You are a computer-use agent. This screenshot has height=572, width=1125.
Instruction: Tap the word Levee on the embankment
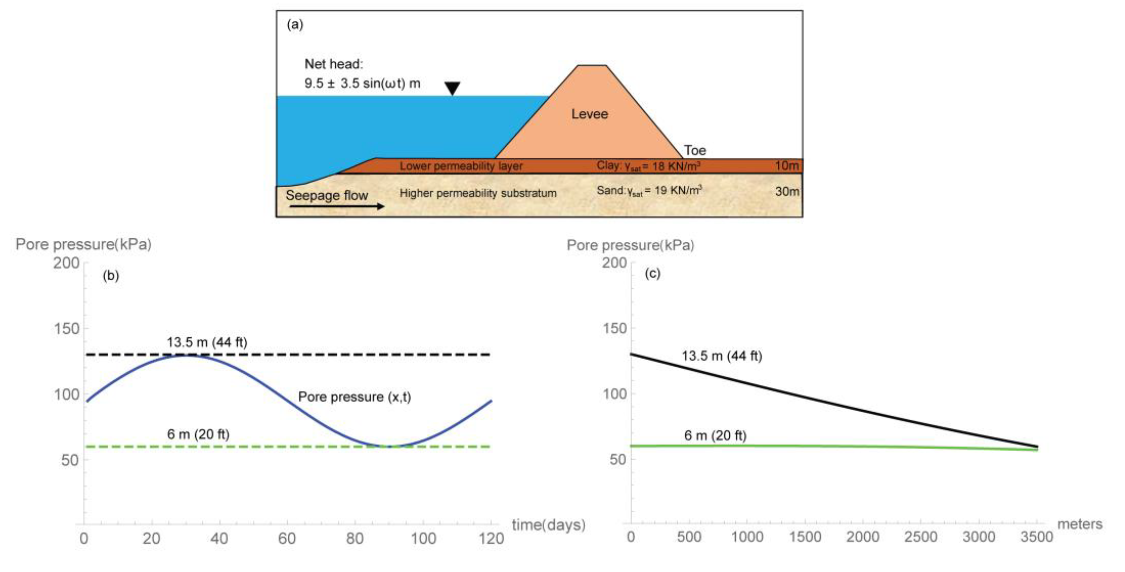[x=590, y=114]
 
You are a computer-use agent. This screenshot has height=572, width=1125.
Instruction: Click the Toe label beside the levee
[x=695, y=150]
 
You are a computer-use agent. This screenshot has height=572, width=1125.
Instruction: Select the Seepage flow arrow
[x=336, y=206]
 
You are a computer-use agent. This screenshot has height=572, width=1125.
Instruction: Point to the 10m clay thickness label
[x=787, y=166]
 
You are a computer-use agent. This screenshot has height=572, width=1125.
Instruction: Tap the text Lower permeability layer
[x=461, y=166]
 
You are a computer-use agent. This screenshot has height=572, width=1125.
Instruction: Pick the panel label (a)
[x=295, y=25]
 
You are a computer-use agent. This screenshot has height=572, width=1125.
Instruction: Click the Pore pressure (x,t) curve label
[x=354, y=397]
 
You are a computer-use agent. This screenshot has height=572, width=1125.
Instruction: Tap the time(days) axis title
[x=548, y=525]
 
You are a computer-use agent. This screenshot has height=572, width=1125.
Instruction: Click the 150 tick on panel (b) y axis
[x=66, y=329]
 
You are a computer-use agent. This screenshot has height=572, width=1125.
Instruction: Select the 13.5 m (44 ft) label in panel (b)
[x=207, y=342]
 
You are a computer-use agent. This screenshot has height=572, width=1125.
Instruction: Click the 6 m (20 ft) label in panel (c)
[x=715, y=435]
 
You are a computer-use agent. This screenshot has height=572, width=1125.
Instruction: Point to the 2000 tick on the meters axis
[x=863, y=537]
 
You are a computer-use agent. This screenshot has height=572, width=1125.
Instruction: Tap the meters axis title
[x=1080, y=524]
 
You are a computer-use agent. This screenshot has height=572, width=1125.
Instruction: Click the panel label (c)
[x=652, y=273]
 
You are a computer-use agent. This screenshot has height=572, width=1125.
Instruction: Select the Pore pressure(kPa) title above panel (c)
[x=630, y=245]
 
